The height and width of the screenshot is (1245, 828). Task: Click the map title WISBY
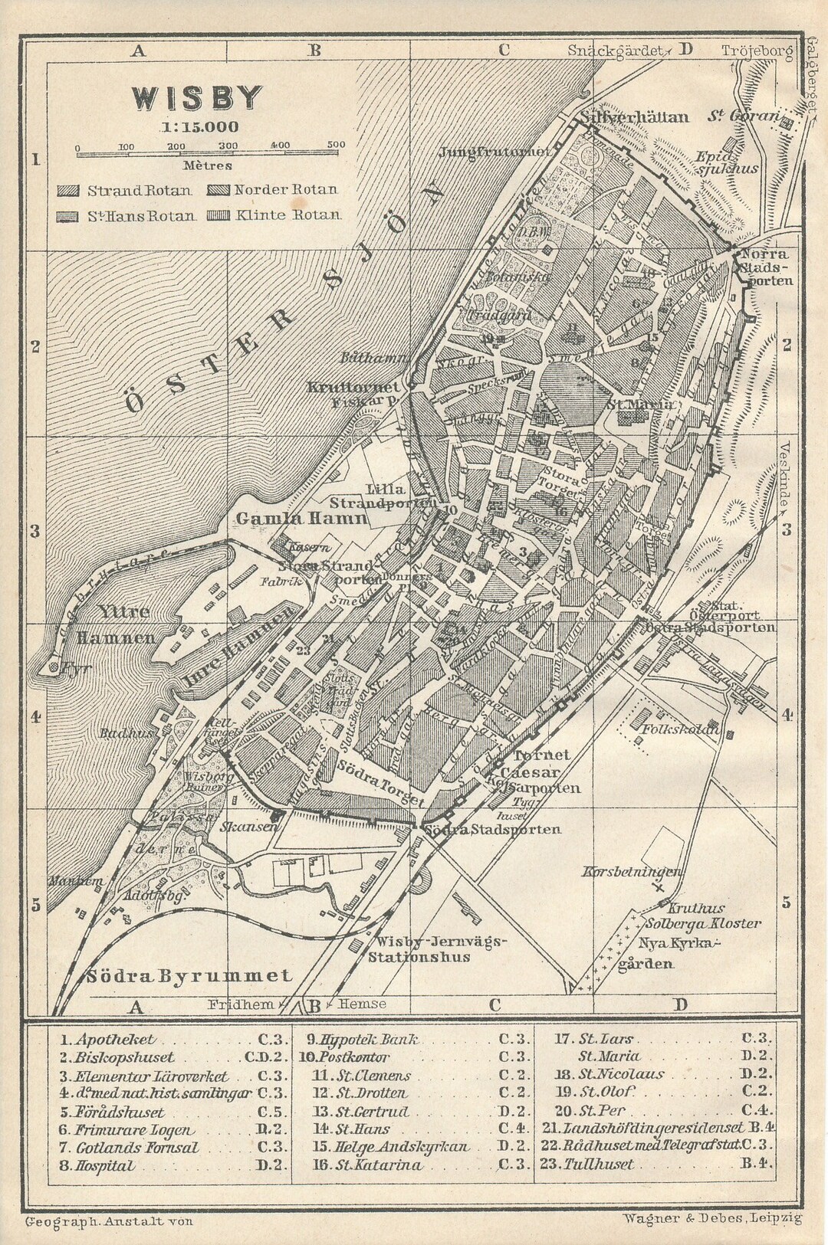point(199,99)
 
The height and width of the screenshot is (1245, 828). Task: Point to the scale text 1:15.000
point(199,128)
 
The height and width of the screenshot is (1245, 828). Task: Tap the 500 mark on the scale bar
point(335,145)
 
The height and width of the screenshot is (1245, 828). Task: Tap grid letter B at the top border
point(314,52)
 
